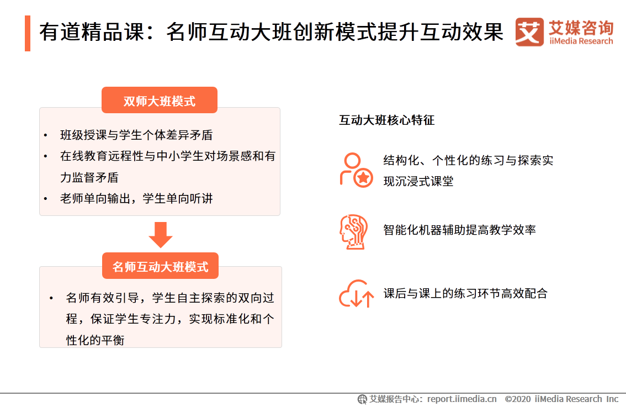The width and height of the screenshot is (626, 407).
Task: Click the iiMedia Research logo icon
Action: tap(529, 32)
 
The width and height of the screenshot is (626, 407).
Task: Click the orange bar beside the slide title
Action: tap(27, 33)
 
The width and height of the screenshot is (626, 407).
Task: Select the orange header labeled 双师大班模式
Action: tap(159, 101)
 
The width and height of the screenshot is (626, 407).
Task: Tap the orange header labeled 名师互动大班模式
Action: tap(160, 267)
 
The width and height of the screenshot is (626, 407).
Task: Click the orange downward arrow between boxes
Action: tap(160, 234)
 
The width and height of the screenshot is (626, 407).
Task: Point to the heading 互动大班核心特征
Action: tap(386, 120)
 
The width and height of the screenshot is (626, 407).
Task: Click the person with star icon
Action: tap(356, 170)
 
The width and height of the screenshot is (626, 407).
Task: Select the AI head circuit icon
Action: tap(353, 231)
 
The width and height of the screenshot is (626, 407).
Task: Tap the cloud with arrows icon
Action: tap(356, 293)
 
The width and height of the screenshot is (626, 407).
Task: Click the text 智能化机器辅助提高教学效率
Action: tap(459, 230)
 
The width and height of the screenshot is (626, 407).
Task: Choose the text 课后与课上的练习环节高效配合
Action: tap(465, 293)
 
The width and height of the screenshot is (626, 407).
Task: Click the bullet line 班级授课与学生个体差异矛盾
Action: tap(136, 135)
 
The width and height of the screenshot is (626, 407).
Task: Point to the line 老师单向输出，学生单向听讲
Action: tap(136, 198)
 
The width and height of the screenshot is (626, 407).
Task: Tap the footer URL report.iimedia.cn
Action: tap(461, 399)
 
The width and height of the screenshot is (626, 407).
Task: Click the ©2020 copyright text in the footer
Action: tap(561, 399)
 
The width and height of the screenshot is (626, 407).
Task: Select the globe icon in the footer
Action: tap(362, 399)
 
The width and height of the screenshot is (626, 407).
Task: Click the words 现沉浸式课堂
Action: tap(418, 181)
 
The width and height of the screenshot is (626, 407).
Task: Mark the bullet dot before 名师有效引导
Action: tap(51, 298)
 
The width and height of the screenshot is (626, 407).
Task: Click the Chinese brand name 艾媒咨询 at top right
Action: tap(581, 27)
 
